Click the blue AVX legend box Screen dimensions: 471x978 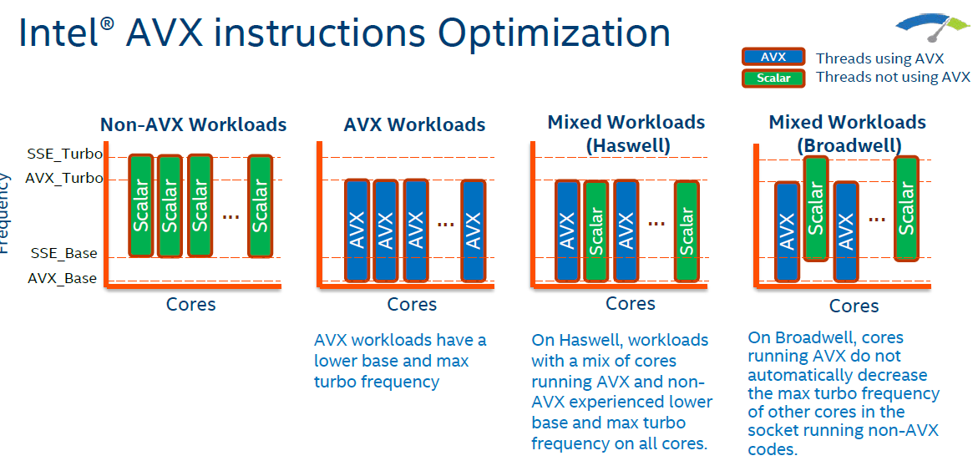click(773, 58)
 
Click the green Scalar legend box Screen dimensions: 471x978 click(773, 78)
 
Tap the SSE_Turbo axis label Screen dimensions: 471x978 click(64, 154)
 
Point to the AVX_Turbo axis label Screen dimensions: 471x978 click(64, 178)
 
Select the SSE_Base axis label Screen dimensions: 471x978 click(64, 253)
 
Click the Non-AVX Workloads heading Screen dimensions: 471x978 click(194, 125)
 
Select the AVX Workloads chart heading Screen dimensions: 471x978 click(414, 125)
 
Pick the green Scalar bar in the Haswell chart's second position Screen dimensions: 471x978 click(596, 231)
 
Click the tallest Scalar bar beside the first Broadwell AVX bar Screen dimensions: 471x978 click(816, 208)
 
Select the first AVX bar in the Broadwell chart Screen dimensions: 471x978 click(787, 231)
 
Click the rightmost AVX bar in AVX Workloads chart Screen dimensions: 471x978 click(474, 230)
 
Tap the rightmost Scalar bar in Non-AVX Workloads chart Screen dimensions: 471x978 click(260, 205)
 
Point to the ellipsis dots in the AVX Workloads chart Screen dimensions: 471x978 click(445, 223)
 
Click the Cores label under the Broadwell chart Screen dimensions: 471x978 click(854, 306)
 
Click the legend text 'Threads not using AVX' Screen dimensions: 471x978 click(893, 78)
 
